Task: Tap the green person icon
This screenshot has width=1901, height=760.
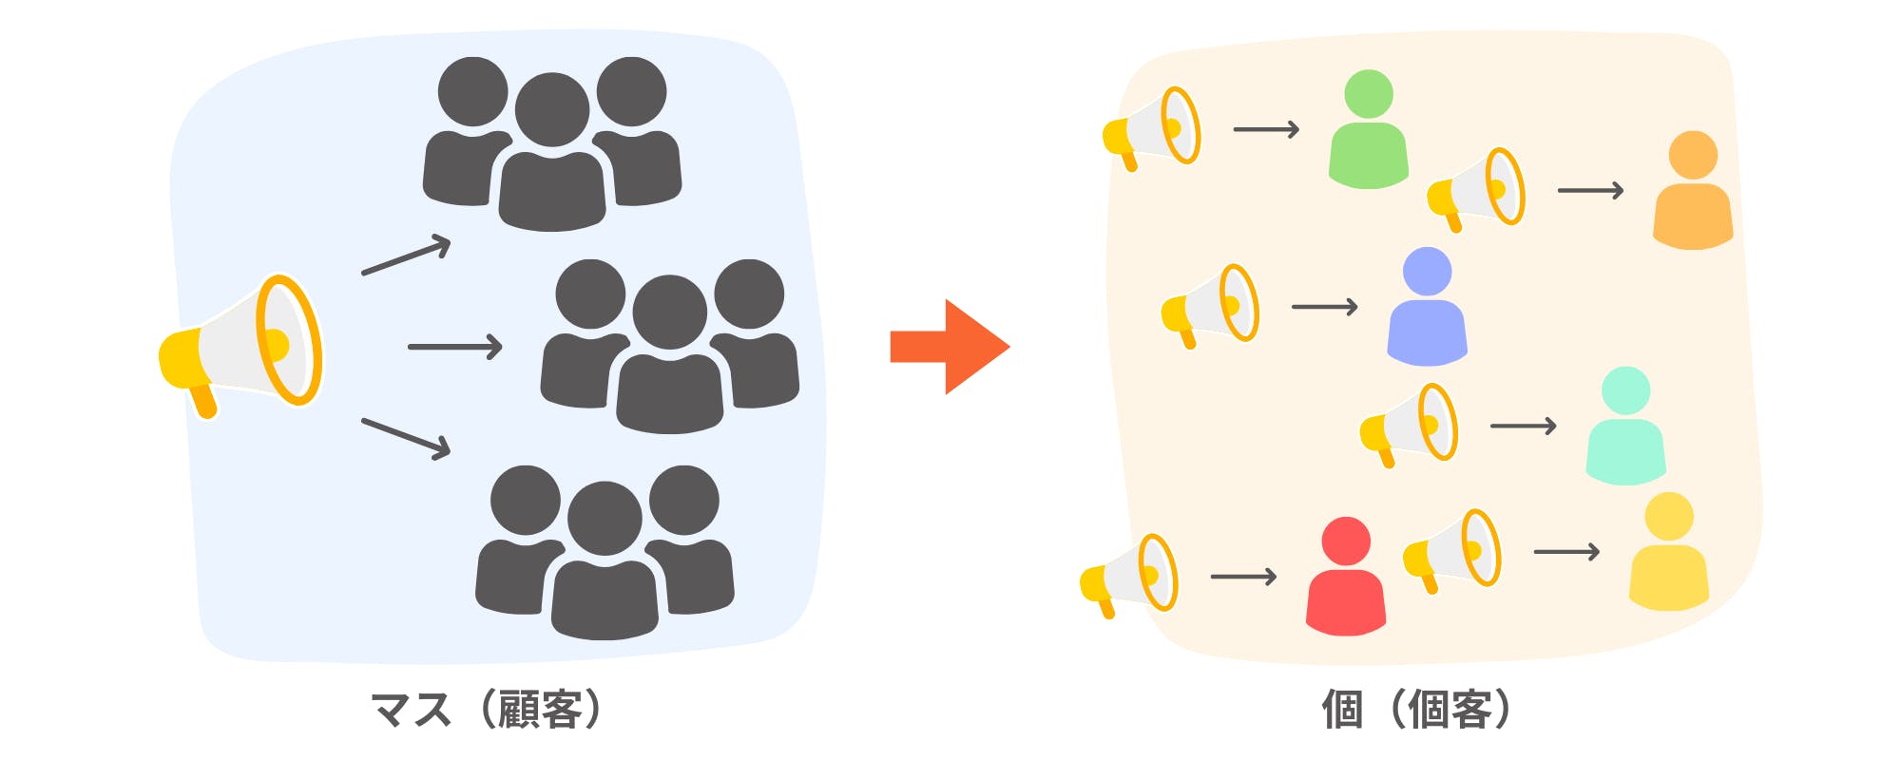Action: pyautogui.click(x=1369, y=133)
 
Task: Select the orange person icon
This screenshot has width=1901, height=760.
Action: pyautogui.click(x=1693, y=195)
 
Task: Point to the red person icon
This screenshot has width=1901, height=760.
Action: pyautogui.click(x=1346, y=579)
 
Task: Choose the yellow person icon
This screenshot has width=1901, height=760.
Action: pyautogui.click(x=1669, y=555)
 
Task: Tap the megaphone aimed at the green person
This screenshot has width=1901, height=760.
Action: pyautogui.click(x=1153, y=129)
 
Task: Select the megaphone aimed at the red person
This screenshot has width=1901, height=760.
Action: pyautogui.click(x=1130, y=576)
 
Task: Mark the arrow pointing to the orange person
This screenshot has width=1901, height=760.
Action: pyautogui.click(x=1590, y=191)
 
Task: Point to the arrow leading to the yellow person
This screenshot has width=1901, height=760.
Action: pyautogui.click(x=1566, y=552)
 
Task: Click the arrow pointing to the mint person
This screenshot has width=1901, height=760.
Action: pyautogui.click(x=1523, y=426)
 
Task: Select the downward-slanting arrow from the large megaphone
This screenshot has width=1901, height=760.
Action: pyautogui.click(x=406, y=438)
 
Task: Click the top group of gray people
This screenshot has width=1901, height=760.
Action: pyautogui.click(x=552, y=142)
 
